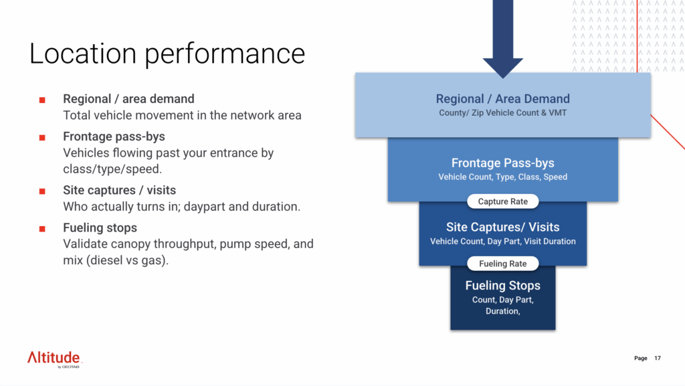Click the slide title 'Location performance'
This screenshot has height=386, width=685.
[167, 54]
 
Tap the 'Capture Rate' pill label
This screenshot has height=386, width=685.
[502, 201]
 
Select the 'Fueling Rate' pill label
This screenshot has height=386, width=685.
[502, 264]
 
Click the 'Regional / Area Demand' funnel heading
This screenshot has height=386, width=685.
[502, 99]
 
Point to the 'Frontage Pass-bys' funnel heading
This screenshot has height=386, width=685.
[502, 163]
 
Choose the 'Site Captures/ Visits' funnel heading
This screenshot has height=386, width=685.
[502, 227]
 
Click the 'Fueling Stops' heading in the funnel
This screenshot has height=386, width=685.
[502, 286]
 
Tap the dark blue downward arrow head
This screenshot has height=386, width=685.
[502, 68]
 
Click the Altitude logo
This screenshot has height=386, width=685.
[54, 358]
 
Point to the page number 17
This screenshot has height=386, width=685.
[658, 359]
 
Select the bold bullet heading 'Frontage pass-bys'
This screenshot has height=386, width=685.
[114, 137]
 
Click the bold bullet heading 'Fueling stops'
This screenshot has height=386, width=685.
[100, 227]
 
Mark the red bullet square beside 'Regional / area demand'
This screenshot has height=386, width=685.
[42, 100]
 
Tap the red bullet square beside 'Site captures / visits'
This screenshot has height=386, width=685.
[42, 191]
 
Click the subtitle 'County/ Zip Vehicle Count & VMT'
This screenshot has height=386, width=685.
[502, 112]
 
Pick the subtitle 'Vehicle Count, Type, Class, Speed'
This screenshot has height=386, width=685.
[502, 177]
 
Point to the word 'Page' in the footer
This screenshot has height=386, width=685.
[640, 359]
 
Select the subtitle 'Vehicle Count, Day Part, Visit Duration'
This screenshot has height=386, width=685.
[502, 241]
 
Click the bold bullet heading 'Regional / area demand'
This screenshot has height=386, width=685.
[128, 100]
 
